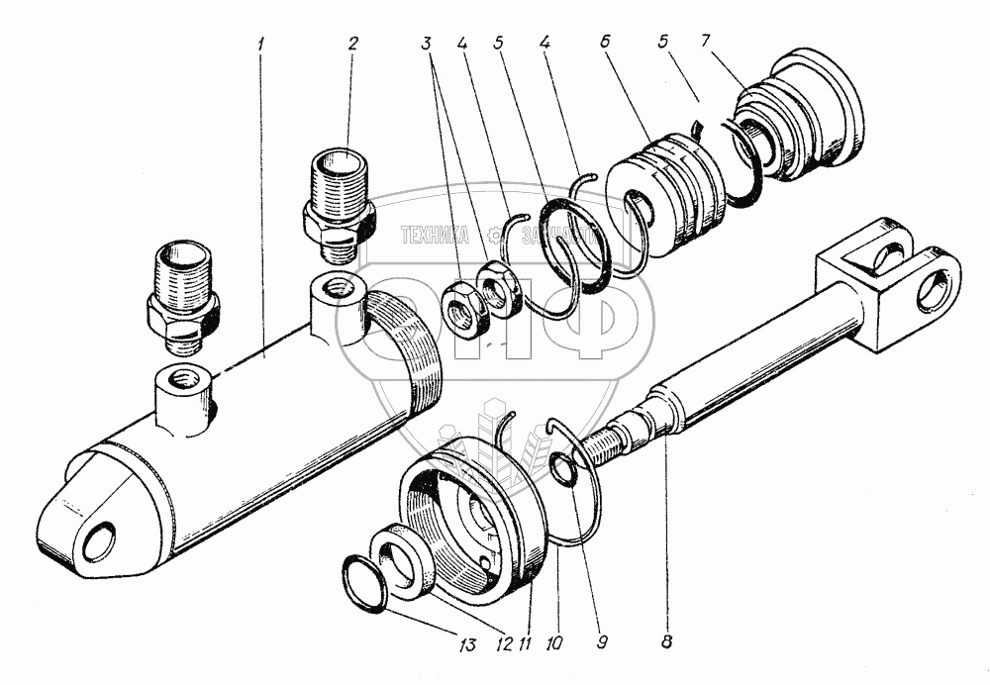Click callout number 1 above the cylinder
point(261,45)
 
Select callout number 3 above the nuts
point(427,45)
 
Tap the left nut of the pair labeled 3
point(461,308)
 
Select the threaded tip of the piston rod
point(605,446)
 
